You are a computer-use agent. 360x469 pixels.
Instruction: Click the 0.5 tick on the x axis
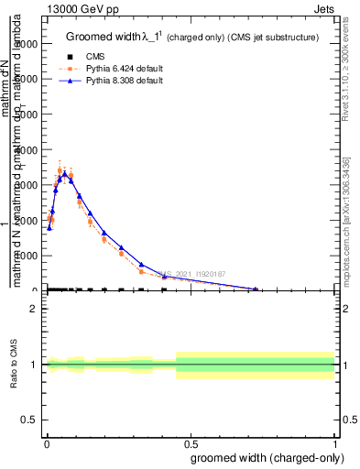(191, 442)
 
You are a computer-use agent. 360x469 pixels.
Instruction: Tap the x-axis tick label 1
(335, 442)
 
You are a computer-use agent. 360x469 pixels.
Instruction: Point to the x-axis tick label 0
(47, 442)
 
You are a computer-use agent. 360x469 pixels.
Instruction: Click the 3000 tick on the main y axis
(35, 185)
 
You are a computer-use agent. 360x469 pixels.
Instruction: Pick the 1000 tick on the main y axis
(35, 256)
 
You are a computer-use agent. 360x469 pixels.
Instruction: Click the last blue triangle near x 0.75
(256, 289)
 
